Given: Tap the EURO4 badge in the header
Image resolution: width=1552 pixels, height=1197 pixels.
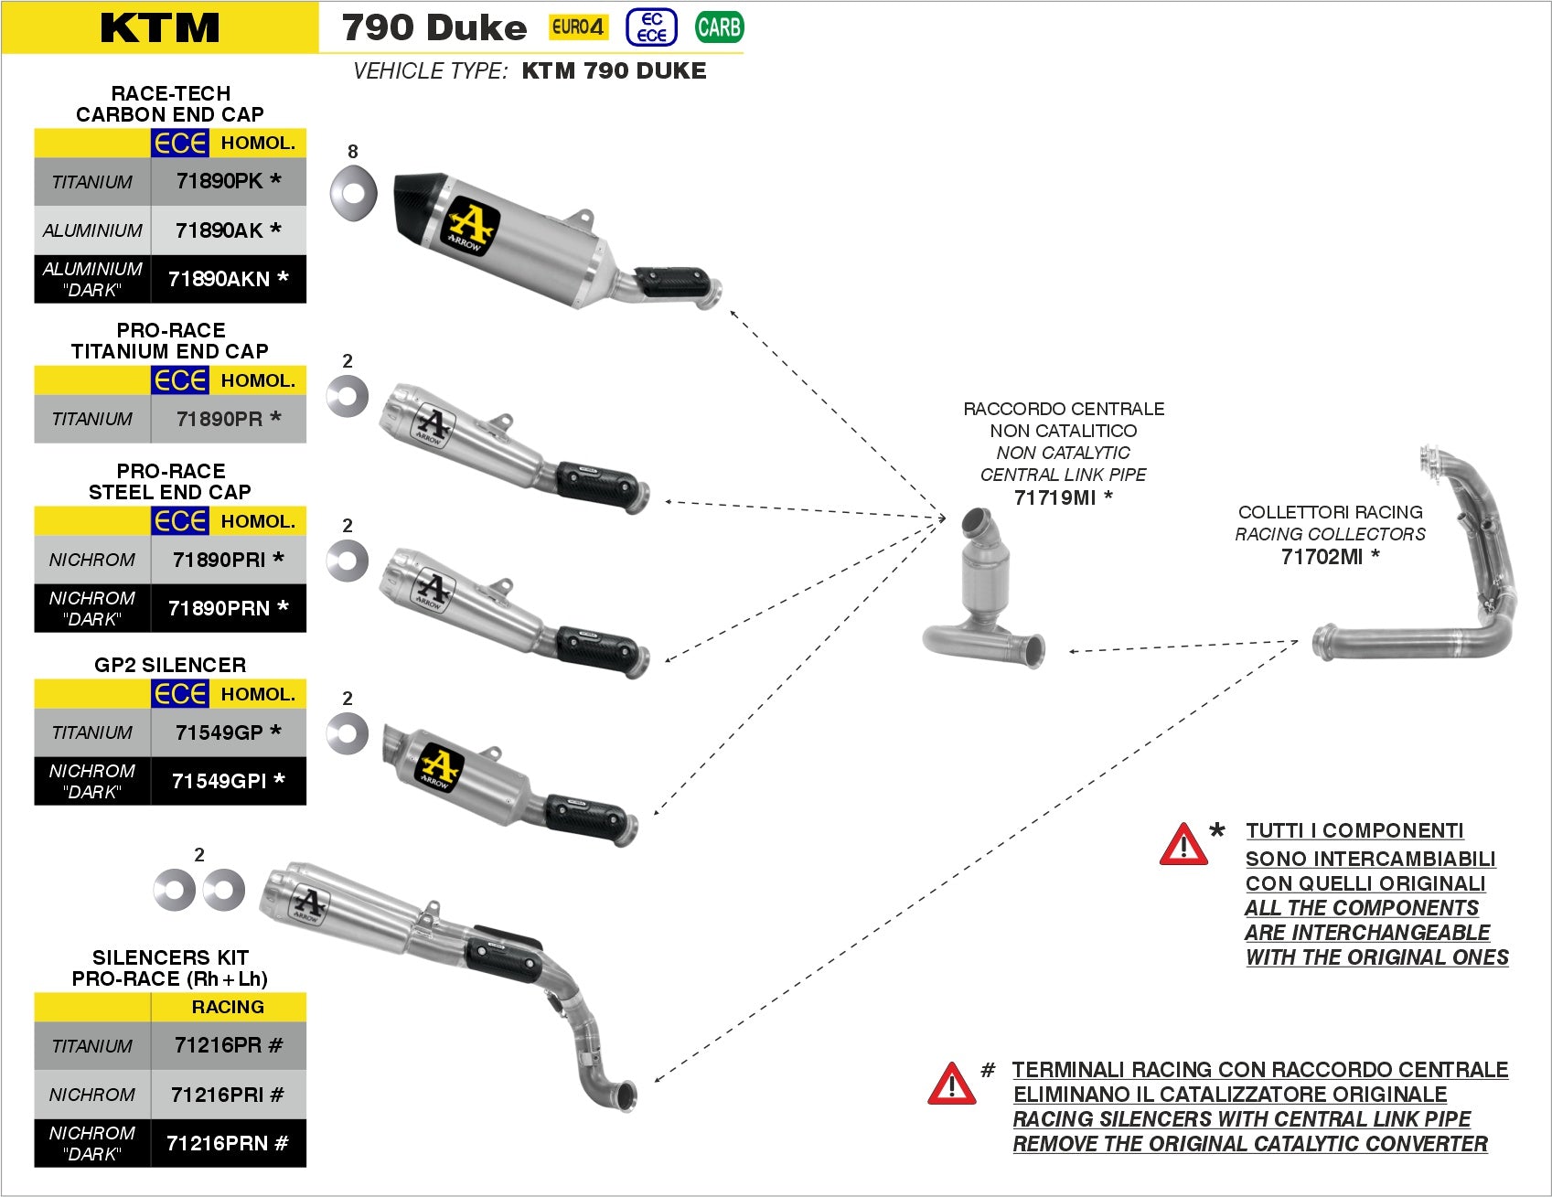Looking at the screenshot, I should [578, 27].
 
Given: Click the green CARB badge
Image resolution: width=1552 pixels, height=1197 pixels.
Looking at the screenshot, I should [719, 27].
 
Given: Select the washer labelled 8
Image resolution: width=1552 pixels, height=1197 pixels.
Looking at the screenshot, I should [353, 193].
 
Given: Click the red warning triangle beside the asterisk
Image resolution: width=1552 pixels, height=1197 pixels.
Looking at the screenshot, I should [1183, 845].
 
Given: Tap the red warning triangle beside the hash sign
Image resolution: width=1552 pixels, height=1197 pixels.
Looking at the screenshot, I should [951, 1085].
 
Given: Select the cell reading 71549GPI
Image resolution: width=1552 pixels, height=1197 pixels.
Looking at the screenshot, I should [228, 781].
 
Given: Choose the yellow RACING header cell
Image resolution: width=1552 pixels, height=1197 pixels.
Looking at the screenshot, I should [228, 1007].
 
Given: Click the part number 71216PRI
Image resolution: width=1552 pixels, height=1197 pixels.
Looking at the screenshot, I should [228, 1095].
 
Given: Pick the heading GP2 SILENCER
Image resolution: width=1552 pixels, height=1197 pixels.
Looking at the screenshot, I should [170, 665].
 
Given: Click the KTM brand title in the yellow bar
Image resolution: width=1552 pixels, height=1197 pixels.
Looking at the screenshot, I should [160, 27].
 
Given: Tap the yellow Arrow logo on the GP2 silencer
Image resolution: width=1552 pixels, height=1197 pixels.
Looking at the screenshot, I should [439, 767].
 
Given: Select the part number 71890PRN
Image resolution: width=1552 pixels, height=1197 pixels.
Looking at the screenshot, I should [228, 608].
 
